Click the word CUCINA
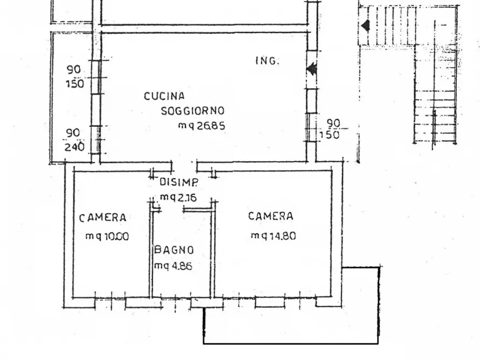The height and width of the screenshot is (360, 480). [164, 96]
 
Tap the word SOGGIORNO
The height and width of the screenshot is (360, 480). [192, 111]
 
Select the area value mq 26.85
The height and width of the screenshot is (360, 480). [202, 126]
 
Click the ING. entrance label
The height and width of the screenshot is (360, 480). [268, 61]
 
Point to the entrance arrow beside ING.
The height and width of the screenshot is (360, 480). [312, 69]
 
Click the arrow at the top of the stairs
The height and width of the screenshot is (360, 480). [365, 25]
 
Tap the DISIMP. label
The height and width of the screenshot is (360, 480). [179, 182]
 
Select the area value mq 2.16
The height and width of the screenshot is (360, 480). [178, 197]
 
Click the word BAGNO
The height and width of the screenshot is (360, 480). [174, 250]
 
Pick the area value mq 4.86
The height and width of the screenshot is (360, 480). [173, 266]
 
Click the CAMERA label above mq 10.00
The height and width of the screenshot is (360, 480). [103, 218]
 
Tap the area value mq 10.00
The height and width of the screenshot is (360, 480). [107, 236]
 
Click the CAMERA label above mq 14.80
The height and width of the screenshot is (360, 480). [270, 216]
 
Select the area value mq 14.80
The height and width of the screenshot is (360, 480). [274, 236]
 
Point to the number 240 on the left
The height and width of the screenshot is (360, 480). [74, 147]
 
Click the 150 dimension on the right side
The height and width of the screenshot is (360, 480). [329, 135]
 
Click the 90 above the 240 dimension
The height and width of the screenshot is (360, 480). [73, 133]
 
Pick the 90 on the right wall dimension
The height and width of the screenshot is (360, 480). [333, 123]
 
